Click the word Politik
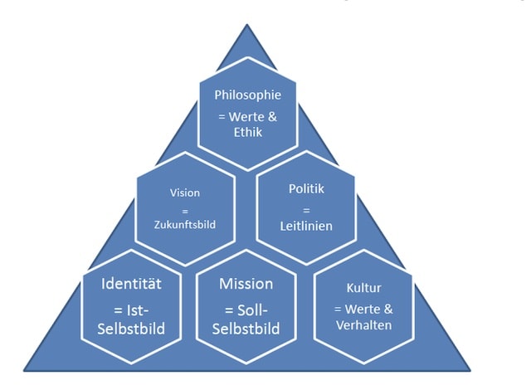(307, 189)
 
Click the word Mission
(246, 284)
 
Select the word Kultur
(363, 288)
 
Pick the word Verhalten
(363, 324)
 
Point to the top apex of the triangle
(246, 26)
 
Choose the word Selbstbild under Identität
(131, 329)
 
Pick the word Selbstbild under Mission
(246, 329)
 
